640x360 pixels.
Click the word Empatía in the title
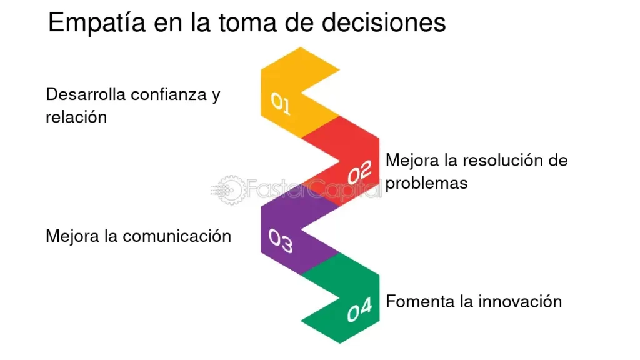click(x=97, y=23)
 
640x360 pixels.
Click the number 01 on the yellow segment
click(x=281, y=103)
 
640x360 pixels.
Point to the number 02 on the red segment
click(x=359, y=172)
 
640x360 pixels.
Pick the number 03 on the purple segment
click(x=281, y=241)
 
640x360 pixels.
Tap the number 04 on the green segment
click(x=359, y=310)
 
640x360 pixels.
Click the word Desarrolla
click(x=86, y=94)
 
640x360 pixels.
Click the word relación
click(x=76, y=117)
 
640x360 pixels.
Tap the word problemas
click(x=426, y=183)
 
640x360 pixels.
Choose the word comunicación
click(x=177, y=236)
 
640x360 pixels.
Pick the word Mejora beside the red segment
click(x=412, y=161)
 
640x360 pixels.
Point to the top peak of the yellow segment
click(x=301, y=47)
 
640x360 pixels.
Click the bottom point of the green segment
click(x=340, y=343)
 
